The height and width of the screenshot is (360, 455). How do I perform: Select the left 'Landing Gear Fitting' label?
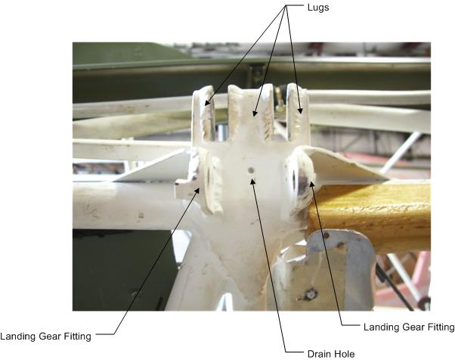(x=46, y=337)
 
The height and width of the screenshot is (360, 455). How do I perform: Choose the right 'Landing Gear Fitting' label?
(x=409, y=327)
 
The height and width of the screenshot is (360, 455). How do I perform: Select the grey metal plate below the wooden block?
(x=333, y=265)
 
